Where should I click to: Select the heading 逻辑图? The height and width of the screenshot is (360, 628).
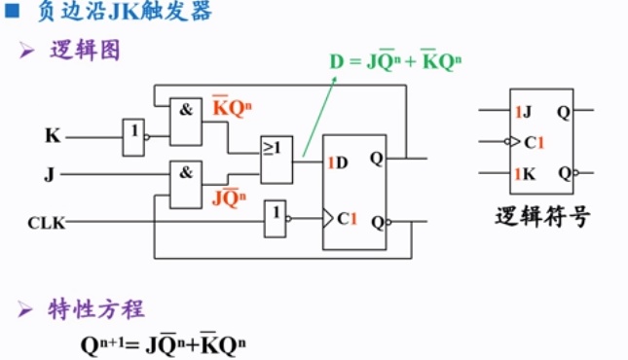[85, 51]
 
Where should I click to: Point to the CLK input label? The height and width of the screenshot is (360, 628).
[46, 224]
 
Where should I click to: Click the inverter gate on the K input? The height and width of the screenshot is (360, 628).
[133, 138]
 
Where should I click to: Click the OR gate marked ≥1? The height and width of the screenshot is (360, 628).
[276, 158]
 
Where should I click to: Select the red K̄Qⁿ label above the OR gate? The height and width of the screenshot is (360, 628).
[233, 108]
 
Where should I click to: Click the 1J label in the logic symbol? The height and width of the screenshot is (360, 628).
[523, 111]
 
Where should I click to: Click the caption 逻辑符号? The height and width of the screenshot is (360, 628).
[541, 217]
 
